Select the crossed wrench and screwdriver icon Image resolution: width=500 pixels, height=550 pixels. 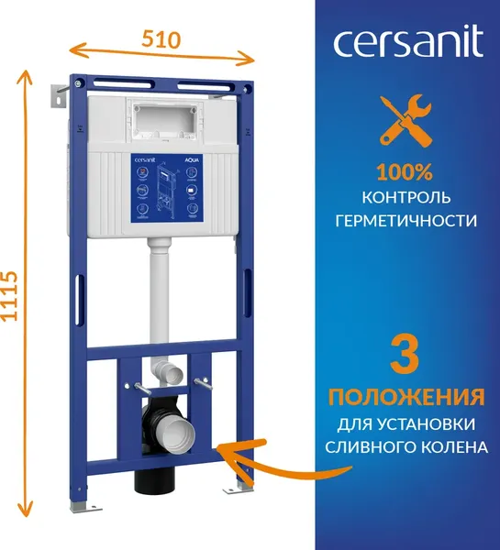point(405,123)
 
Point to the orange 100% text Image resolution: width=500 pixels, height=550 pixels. point(405,171)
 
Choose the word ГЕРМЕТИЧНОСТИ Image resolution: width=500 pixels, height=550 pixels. point(405,221)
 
